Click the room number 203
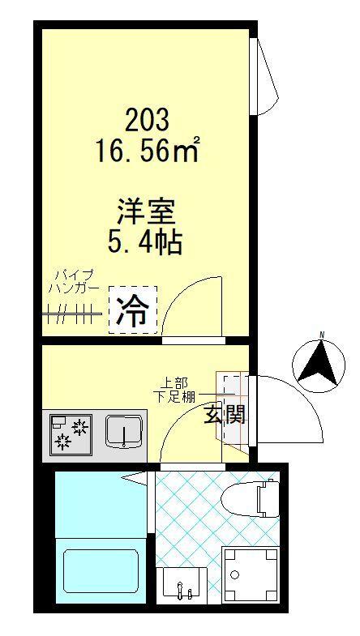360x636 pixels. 147,120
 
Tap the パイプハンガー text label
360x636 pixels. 74,281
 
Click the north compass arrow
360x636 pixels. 317,361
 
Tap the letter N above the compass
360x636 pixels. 321,335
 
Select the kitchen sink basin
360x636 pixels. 124,431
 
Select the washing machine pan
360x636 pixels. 249,576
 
